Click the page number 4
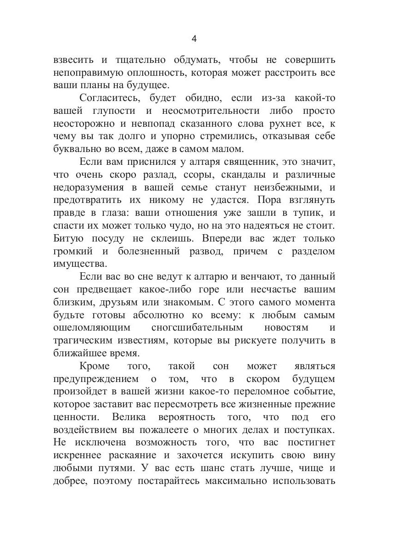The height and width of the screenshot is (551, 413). point(194,39)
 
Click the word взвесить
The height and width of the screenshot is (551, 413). point(74,61)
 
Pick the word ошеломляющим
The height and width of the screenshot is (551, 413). point(92,328)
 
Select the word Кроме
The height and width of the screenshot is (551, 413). point(95,366)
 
